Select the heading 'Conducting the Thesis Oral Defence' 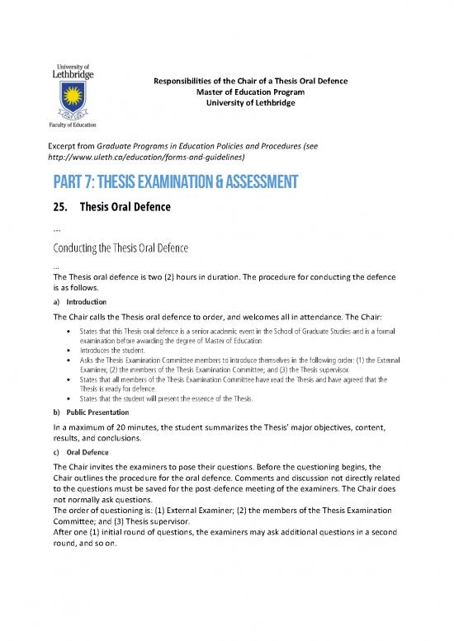134,247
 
